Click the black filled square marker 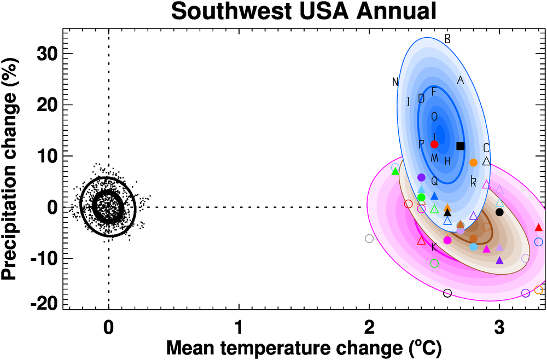[x=460, y=146]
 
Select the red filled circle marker [x=434, y=144]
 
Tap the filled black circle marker [x=499, y=212]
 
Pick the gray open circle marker [x=369, y=239]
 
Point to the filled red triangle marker [x=538, y=227]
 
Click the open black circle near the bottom [x=447, y=293]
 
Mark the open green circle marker [x=434, y=263]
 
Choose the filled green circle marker [x=421, y=197]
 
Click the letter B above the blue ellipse [x=447, y=39]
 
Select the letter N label [x=395, y=82]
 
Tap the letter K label [x=434, y=247]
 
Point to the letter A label [x=460, y=80]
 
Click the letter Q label [x=434, y=181]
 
